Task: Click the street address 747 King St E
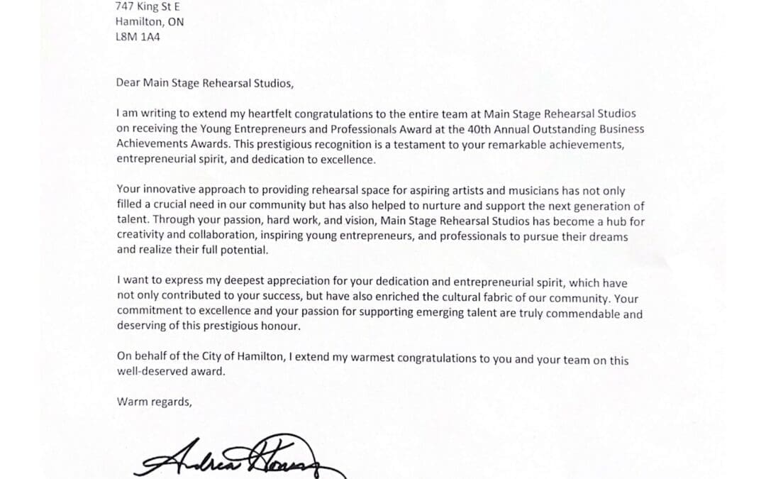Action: pyautogui.click(x=148, y=7)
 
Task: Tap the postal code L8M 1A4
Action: pyautogui.click(x=138, y=36)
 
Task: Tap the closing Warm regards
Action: pyautogui.click(x=154, y=402)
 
